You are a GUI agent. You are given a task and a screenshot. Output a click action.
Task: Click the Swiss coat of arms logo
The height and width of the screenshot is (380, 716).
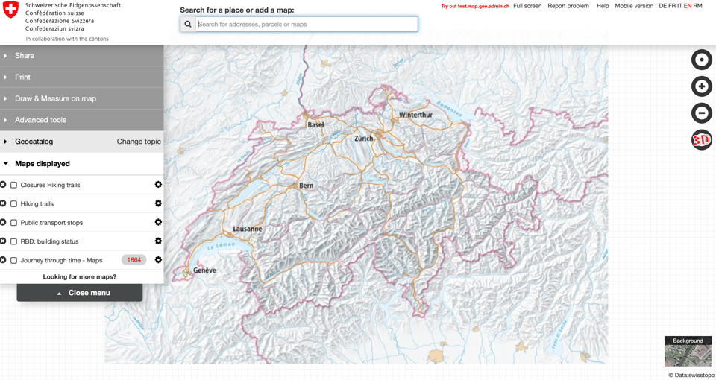[x=10, y=10]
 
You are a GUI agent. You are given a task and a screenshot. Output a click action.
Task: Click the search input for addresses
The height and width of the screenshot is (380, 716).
[x=306, y=25]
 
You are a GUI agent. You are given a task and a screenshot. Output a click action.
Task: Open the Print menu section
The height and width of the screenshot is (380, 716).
[x=23, y=77]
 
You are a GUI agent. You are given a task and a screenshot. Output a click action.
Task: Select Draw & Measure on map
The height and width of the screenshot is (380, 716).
[x=55, y=98]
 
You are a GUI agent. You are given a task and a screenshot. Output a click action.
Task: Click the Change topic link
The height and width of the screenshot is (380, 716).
[x=139, y=142]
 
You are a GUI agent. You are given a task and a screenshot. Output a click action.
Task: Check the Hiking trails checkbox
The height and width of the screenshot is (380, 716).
[x=13, y=203]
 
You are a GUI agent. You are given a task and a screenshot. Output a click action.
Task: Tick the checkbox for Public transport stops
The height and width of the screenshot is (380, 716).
[x=13, y=223]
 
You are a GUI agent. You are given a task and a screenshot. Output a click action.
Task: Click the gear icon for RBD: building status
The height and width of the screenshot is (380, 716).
[x=158, y=241]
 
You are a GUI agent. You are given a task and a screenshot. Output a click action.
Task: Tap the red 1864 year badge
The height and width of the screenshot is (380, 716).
[x=134, y=260]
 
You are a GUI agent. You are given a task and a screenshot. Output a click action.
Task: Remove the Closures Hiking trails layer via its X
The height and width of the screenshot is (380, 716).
[x=3, y=185]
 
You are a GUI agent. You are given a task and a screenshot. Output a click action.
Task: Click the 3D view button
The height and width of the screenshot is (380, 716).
[x=701, y=139]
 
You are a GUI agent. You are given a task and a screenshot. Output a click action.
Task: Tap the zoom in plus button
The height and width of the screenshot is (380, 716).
[x=701, y=86]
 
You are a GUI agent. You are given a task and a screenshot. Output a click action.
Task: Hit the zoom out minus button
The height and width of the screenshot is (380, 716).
[x=701, y=113]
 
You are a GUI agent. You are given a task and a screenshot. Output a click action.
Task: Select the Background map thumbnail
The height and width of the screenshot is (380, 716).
[x=688, y=351]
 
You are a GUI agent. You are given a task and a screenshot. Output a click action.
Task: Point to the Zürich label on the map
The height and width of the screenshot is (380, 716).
[x=363, y=139]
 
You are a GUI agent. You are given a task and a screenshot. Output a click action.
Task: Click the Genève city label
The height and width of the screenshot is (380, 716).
[x=204, y=270]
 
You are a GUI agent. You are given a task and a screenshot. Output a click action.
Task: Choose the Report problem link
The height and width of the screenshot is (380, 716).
[x=568, y=6]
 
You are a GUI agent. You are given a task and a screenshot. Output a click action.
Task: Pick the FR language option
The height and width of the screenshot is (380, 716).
[x=672, y=6]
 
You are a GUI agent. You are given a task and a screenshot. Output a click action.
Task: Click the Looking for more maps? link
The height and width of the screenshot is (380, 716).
[x=80, y=277]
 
